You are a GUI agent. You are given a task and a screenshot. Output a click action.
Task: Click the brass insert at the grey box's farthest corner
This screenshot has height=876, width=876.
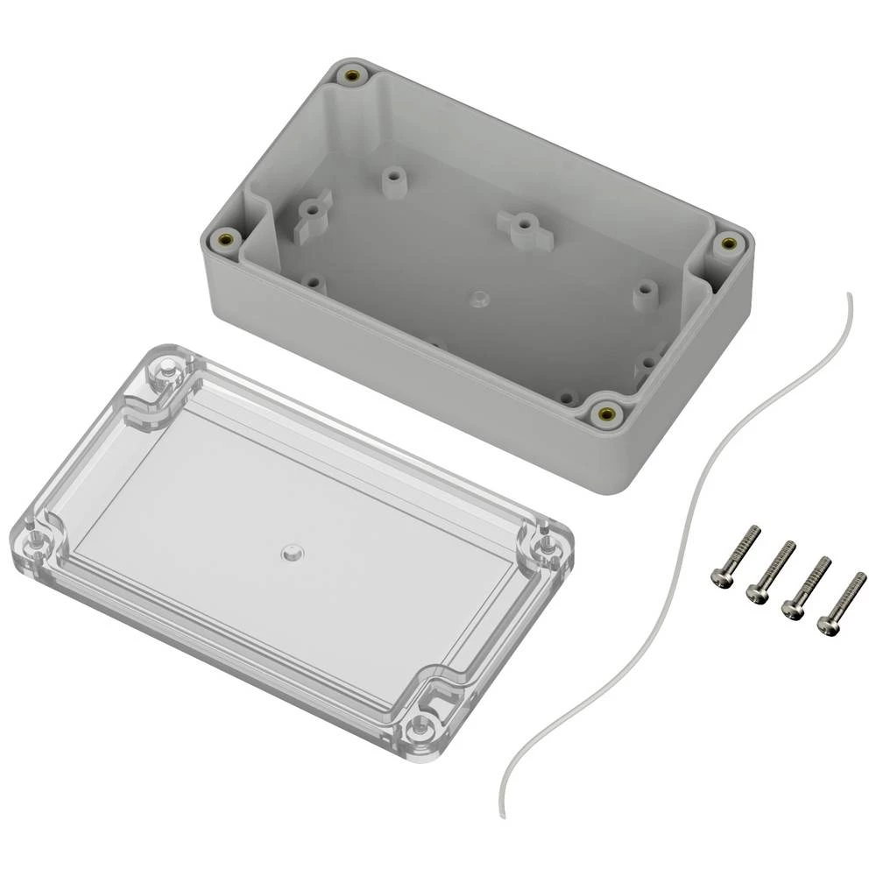pos(353,76)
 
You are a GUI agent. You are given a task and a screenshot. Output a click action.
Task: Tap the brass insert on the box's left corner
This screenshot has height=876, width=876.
pos(224,238)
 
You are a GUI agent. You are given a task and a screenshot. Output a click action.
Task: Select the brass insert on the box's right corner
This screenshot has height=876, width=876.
pos(725,244)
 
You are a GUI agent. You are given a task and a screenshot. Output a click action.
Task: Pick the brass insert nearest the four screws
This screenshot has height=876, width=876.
pos(604,413)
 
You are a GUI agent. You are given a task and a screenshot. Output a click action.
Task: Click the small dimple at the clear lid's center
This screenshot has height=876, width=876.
pos(290,553)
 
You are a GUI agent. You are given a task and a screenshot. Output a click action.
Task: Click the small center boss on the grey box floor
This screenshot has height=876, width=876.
pos(477,299)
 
